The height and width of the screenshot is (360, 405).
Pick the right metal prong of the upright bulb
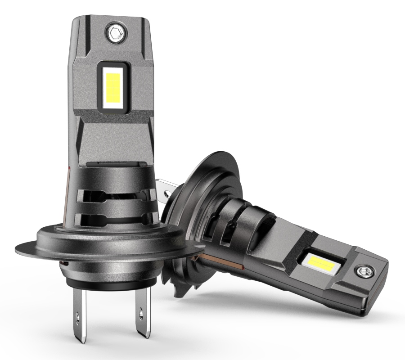click(140, 315)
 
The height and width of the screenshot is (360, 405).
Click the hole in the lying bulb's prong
click(167, 193)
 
